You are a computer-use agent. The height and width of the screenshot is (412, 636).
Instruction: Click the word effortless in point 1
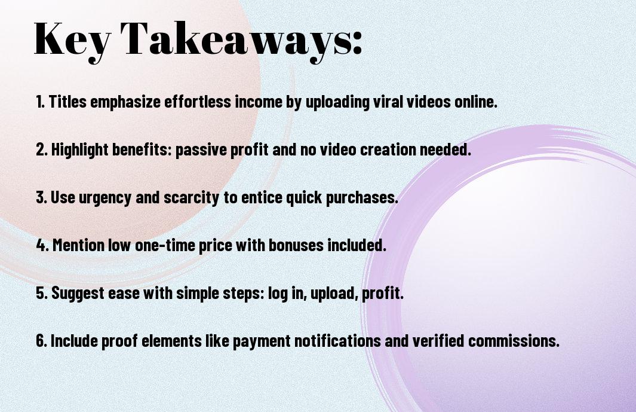tap(198, 102)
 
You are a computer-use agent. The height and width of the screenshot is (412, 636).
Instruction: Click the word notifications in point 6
tap(337, 341)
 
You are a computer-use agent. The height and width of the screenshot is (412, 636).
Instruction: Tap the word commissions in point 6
tap(514, 341)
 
